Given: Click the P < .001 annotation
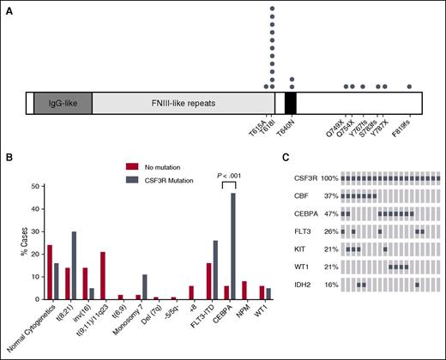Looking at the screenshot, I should (227, 176).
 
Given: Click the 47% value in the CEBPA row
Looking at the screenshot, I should (328, 211).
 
